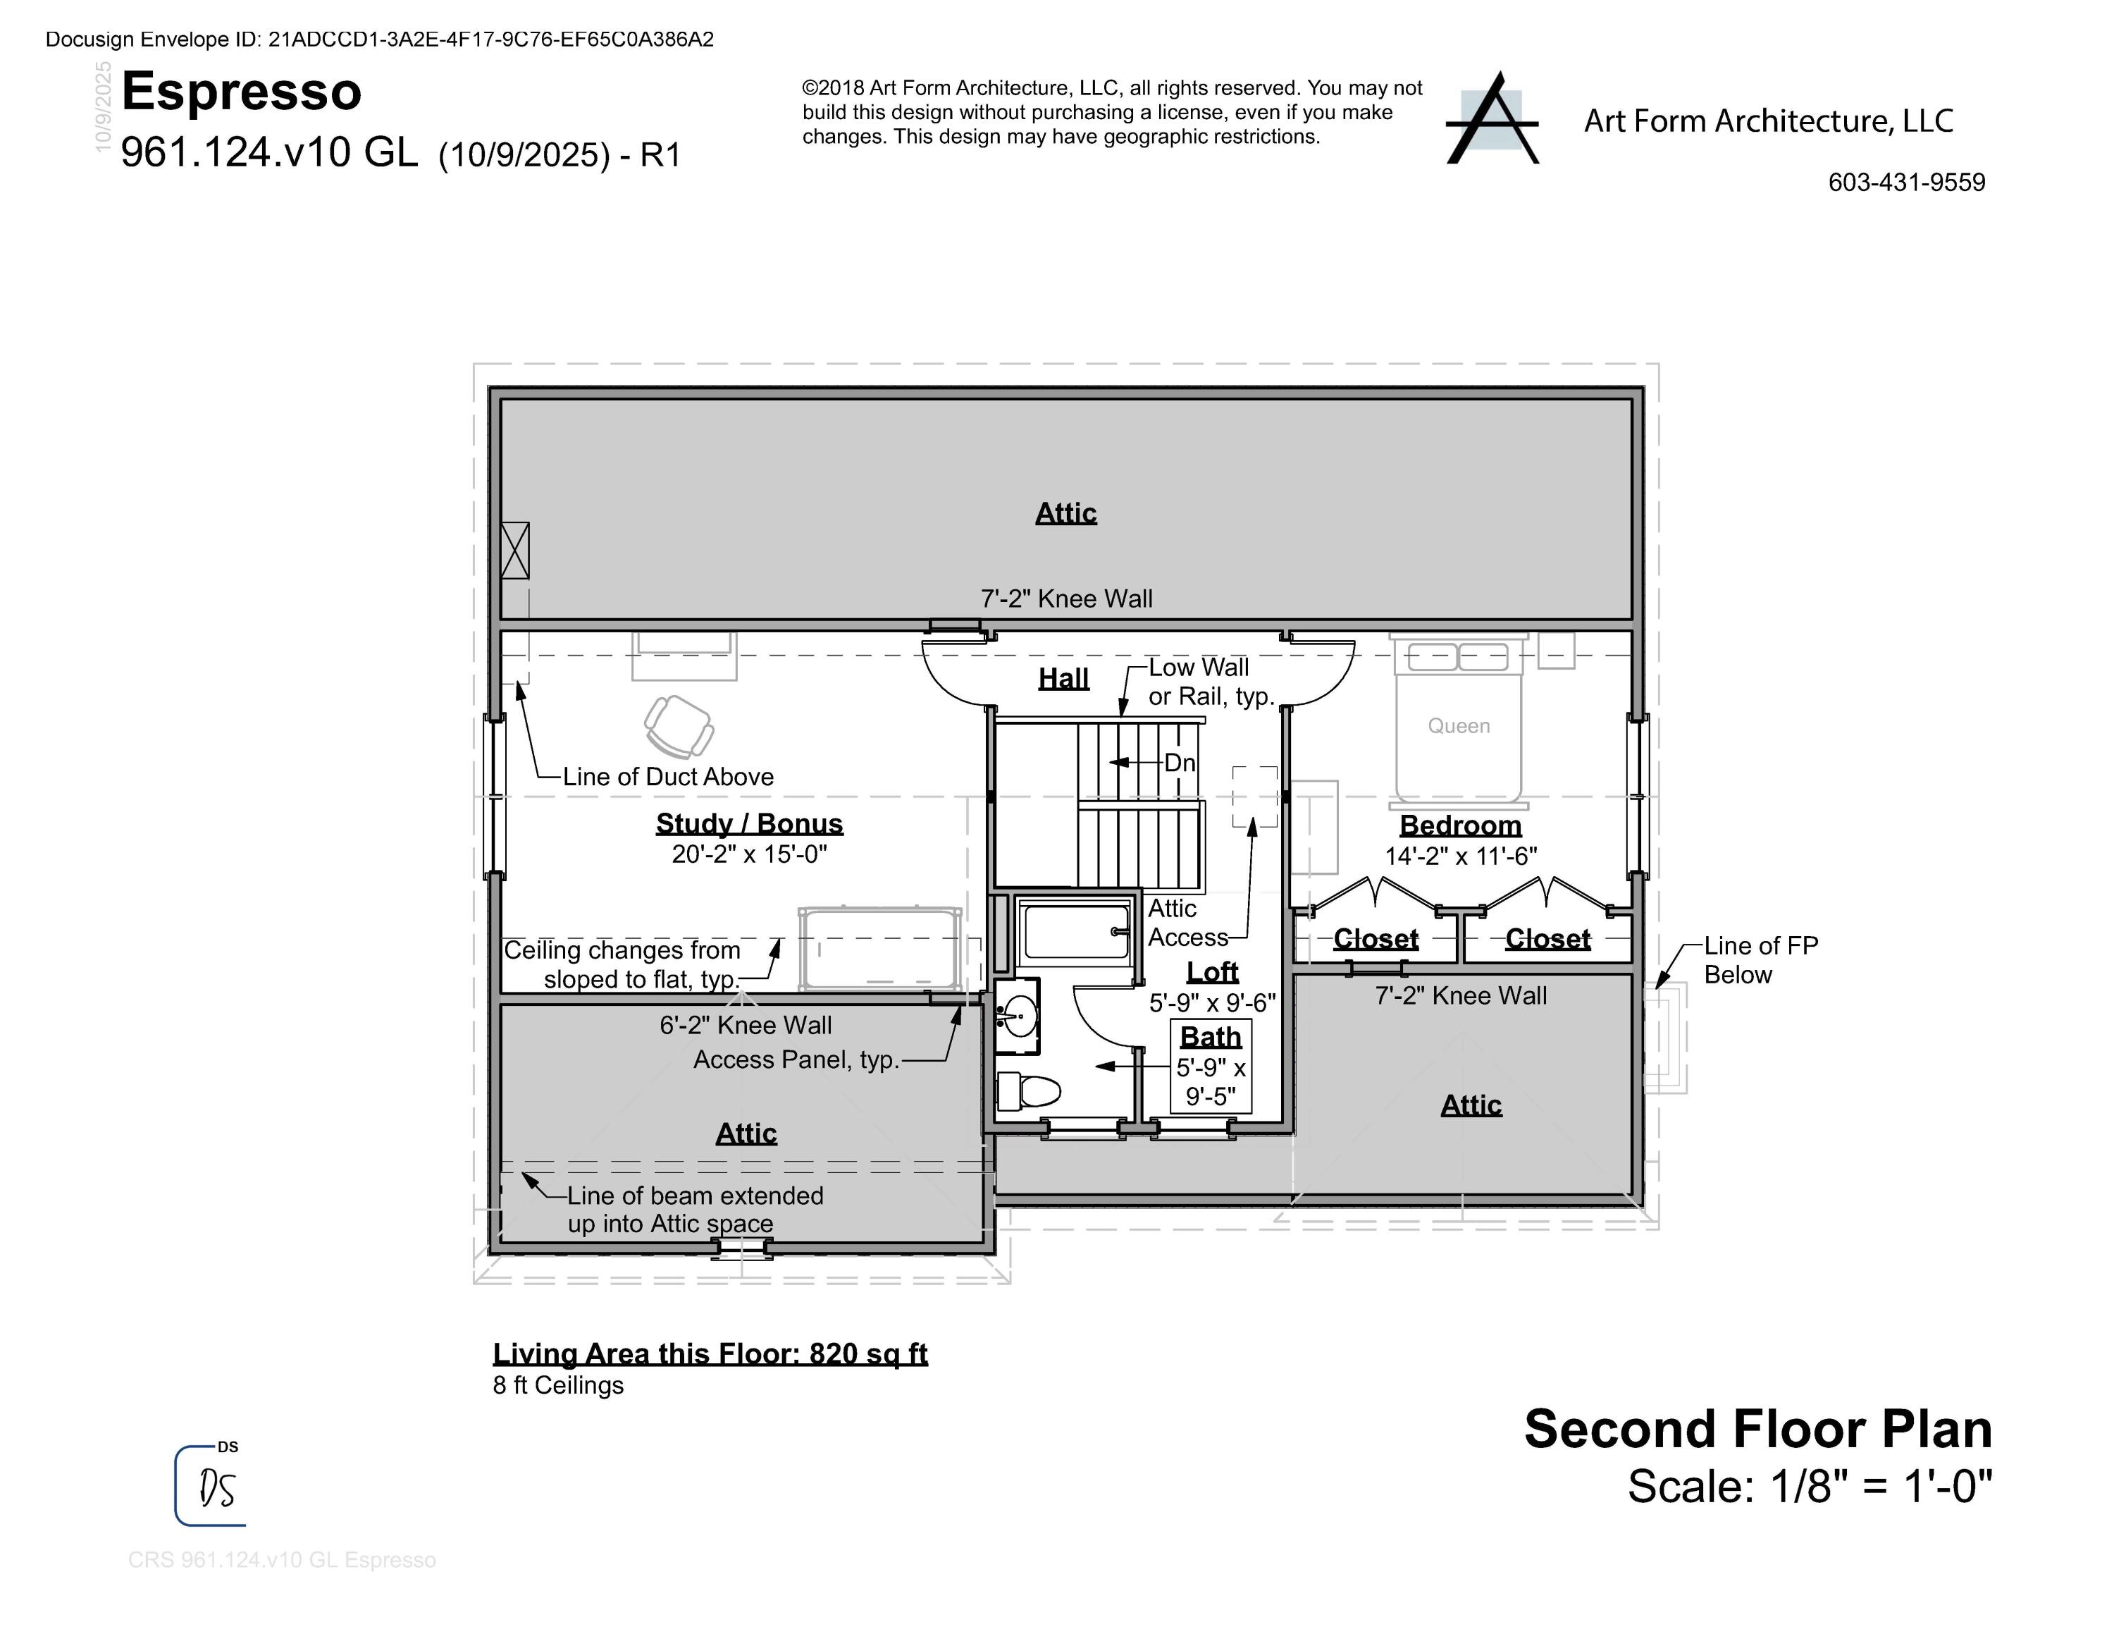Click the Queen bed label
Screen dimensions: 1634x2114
1459,726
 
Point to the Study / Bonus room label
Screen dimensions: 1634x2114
749,824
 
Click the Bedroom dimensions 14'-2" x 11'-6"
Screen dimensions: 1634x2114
1461,856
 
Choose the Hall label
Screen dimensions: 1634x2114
1064,679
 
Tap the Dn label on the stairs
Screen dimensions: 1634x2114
1179,763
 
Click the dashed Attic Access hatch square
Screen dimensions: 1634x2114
1254,797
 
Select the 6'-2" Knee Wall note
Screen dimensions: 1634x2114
746,1025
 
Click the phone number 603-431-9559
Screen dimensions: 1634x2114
1906,182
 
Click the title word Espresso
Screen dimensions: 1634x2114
241,92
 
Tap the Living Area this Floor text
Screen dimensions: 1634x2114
710,1353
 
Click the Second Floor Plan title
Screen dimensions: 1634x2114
1758,1429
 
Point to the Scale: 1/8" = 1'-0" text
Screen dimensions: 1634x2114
1809,1486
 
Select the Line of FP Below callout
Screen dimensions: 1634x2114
1760,959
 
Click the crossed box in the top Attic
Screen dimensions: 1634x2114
515,551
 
